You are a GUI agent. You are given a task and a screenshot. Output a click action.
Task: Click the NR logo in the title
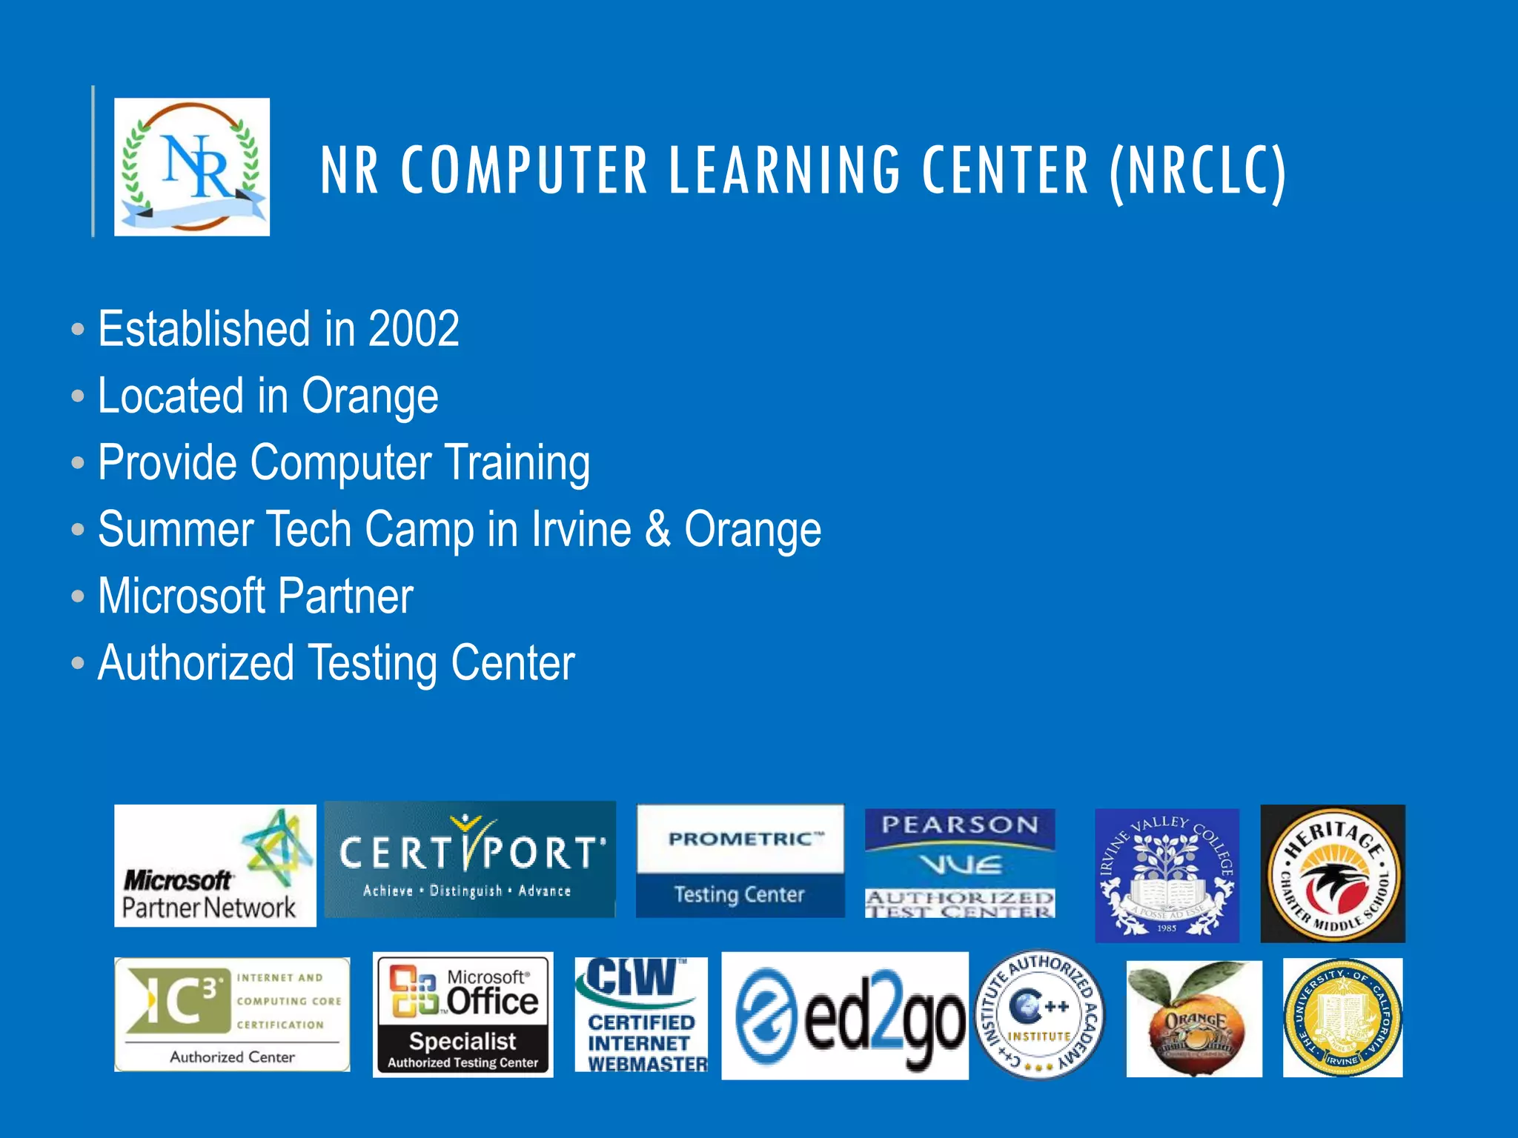pos(192,167)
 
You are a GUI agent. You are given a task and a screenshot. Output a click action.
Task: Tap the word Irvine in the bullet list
pos(581,530)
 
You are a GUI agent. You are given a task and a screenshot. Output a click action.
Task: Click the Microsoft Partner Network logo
pos(215,865)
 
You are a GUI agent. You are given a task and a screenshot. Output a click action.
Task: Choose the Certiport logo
pos(470,859)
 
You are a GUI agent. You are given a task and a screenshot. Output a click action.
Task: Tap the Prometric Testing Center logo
pos(740,861)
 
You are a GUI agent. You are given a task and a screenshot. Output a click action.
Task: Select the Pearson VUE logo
pos(960,863)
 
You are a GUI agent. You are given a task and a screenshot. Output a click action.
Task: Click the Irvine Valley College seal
pos(1167,875)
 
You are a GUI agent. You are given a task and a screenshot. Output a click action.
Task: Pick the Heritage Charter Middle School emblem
pos(1333,874)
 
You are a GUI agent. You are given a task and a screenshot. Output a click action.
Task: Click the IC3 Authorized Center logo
pos(232,1014)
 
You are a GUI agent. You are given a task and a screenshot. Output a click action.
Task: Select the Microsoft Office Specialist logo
pos(463,1014)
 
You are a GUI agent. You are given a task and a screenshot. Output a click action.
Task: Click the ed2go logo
pos(845,1016)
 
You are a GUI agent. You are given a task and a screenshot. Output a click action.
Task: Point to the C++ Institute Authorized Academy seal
pos(1040,1014)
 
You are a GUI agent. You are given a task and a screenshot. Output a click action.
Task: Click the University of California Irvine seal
pos(1342,1017)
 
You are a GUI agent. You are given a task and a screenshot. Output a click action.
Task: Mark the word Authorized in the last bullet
pos(196,663)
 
